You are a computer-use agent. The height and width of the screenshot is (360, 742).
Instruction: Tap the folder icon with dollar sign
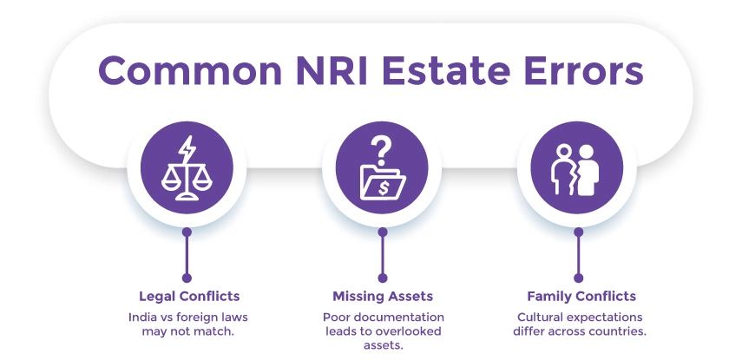pyautogui.click(x=381, y=180)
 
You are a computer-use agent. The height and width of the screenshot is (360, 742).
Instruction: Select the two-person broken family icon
pyautogui.click(x=576, y=168)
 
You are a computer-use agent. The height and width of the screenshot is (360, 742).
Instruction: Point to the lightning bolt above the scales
pyautogui.click(x=187, y=148)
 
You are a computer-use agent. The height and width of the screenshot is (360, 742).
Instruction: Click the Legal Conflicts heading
pyautogui.click(x=187, y=295)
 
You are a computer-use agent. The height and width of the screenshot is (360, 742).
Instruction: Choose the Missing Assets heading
pyautogui.click(x=382, y=295)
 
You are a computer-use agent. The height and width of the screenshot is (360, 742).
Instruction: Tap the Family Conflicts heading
pyautogui.click(x=576, y=295)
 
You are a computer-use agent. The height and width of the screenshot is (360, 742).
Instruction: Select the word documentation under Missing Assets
pyautogui.click(x=410, y=317)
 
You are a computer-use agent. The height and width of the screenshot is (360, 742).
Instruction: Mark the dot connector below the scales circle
pyautogui.click(x=187, y=232)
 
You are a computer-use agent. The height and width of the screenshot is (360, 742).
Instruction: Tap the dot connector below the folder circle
pyautogui.click(x=382, y=232)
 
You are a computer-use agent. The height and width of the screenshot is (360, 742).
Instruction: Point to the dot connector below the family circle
pyautogui.click(x=577, y=232)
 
